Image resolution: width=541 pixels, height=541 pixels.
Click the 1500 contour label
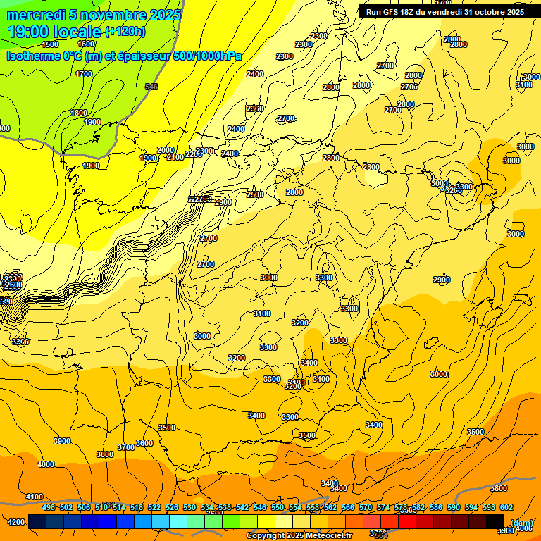coord(50,44)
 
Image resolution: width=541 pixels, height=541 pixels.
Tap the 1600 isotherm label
coord(86,44)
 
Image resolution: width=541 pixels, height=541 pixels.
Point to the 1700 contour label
coord(84,74)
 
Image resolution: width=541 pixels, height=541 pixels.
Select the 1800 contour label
coord(79,113)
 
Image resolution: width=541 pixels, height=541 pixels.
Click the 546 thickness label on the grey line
coord(151,87)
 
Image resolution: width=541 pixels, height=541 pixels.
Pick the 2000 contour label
coord(165,150)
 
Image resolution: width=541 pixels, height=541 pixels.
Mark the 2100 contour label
coord(175,157)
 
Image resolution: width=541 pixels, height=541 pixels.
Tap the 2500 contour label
coord(255,194)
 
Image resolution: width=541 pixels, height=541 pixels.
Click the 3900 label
coord(62,441)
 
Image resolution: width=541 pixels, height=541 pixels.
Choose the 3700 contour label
coord(126,447)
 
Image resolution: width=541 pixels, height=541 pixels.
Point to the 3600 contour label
coord(144,443)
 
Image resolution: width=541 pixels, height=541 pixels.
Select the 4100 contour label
coord(34,497)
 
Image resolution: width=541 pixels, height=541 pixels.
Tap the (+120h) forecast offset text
coord(125,31)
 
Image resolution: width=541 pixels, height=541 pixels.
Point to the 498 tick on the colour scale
coord(49,507)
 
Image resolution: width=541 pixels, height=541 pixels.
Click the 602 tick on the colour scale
coord(506,507)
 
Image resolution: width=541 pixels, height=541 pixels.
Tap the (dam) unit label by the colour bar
coord(521,522)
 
